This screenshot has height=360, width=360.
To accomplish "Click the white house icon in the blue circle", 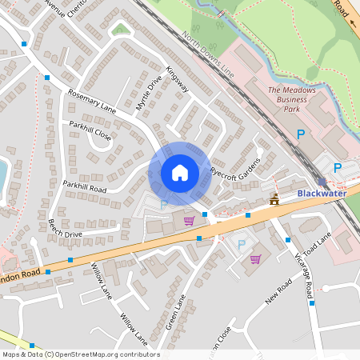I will coord(180,173).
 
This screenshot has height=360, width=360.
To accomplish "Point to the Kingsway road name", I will coord(177,78).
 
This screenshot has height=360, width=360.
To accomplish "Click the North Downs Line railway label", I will coord(208,53).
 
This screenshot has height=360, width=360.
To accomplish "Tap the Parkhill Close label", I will coord(90,131).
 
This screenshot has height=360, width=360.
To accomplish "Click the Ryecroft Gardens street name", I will coord(236,162).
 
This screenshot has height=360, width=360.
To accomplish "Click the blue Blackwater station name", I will coord(323,194).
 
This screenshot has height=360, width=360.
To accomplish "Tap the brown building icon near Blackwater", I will coord(275,198).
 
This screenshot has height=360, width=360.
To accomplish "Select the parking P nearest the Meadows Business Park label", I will coord(301,135).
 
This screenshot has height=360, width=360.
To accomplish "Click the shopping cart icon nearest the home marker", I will coord(189,220).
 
